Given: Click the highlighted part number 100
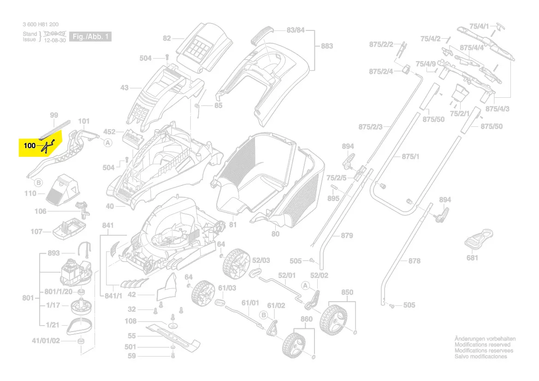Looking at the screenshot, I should [30, 145].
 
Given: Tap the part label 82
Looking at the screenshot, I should [167, 38].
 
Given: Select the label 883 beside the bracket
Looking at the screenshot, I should [326, 46].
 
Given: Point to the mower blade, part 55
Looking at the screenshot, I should [174, 336].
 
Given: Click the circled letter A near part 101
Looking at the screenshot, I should [108, 143].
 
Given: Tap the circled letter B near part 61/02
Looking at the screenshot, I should [264, 314].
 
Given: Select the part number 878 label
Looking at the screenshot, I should [414, 261].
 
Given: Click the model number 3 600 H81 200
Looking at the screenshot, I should [41, 24].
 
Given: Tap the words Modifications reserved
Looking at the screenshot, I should [482, 345].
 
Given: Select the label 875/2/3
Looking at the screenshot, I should [373, 127].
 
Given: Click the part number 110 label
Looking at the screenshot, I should [30, 194].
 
